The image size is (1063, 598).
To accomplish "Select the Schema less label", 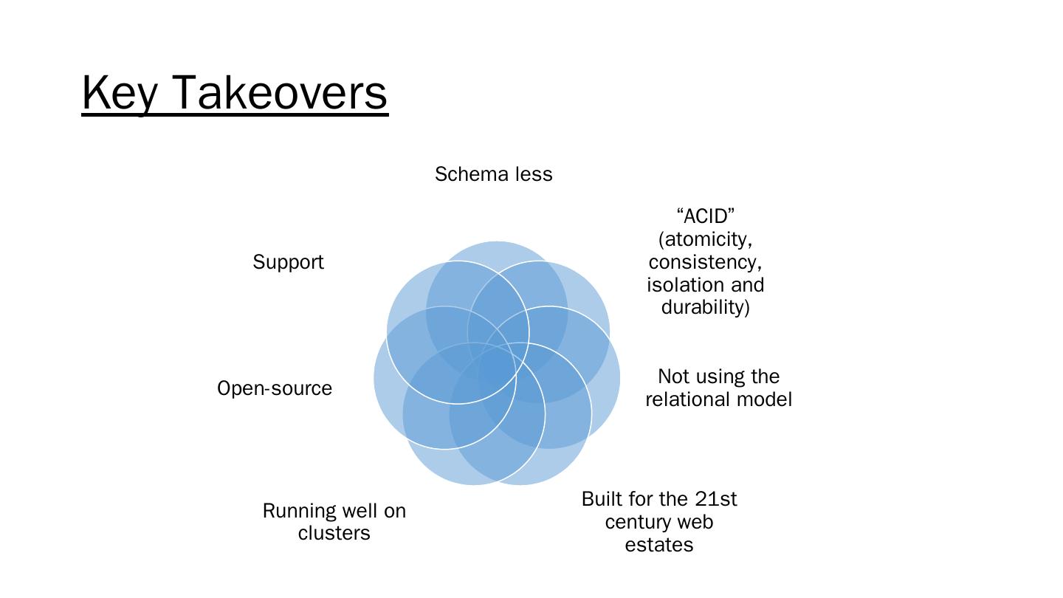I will tap(493, 174).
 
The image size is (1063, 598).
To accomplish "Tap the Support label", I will tap(288, 262).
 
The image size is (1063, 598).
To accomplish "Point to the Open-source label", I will tap(275, 388).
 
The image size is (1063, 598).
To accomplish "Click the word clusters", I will tap(334, 533).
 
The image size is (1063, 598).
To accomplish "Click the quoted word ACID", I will tap(705, 216).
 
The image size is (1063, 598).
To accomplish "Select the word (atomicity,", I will tap(705, 239).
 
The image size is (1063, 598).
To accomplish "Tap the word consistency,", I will tap(705, 262).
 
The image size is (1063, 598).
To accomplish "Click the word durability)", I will tap(705, 307).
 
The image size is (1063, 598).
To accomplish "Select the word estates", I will tap(658, 545).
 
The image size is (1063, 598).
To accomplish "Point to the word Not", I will tap(672, 377).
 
